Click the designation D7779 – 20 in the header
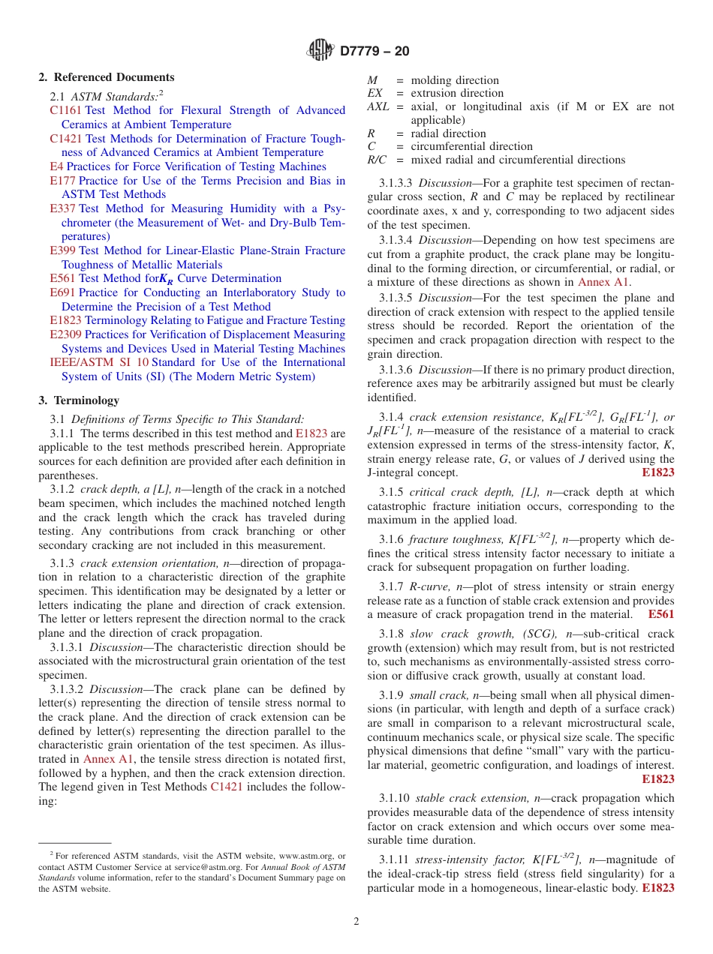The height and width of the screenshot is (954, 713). [x=375, y=51]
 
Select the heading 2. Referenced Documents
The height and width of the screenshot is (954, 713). [x=107, y=77]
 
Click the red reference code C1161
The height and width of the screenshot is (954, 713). [x=66, y=110]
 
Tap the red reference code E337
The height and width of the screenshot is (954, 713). [x=62, y=208]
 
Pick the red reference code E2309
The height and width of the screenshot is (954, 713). [x=66, y=334]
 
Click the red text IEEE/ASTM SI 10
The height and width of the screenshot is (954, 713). [x=99, y=362]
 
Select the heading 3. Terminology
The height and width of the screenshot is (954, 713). [x=79, y=400]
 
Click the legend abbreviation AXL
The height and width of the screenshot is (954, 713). [x=378, y=106]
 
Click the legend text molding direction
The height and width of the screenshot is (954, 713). [x=455, y=80]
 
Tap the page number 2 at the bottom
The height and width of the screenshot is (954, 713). [x=356, y=922]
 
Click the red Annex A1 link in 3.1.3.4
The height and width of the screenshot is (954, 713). [x=603, y=283]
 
